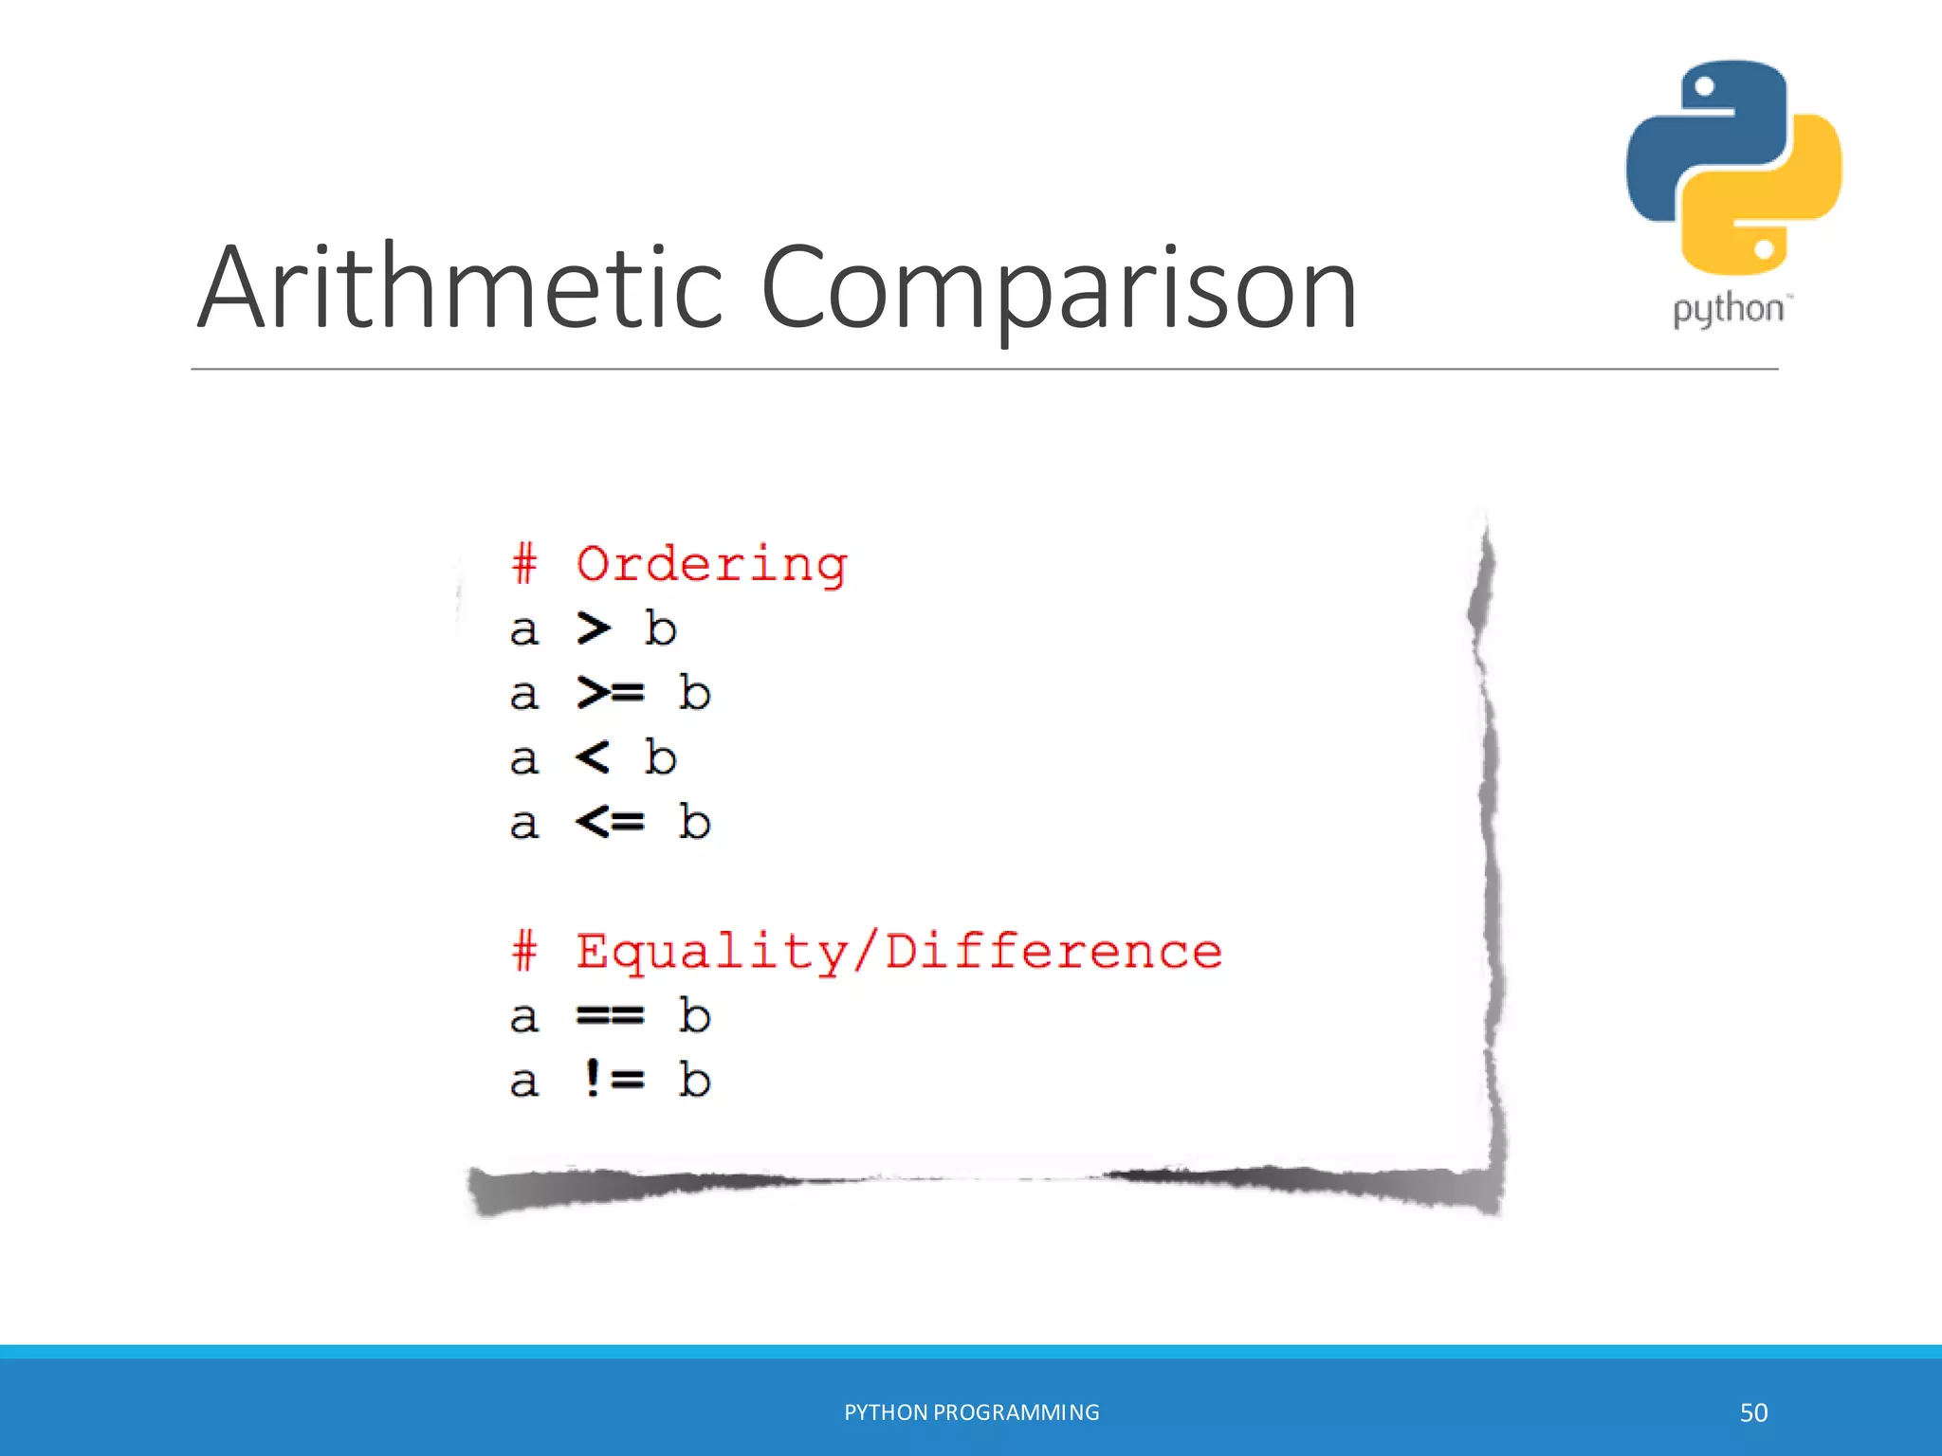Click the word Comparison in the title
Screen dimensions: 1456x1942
[x=1058, y=289]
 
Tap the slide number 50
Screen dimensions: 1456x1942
[x=1753, y=1412]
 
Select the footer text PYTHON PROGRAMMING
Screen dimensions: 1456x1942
[x=972, y=1412]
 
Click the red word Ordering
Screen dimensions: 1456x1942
[x=711, y=566]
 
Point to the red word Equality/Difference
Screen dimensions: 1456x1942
[x=899, y=952]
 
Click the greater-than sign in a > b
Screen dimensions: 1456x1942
[x=594, y=629]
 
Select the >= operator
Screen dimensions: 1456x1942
[x=611, y=694]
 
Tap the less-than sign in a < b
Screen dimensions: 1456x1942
[x=594, y=758]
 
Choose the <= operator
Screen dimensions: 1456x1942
[x=611, y=823]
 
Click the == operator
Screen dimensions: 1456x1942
[x=611, y=1016]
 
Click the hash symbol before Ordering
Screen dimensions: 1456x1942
[x=524, y=564]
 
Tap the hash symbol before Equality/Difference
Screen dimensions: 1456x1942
[x=524, y=951]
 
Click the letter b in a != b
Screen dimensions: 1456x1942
[x=694, y=1080]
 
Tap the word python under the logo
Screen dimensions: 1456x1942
[x=1728, y=310]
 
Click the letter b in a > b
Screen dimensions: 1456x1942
[x=661, y=628]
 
